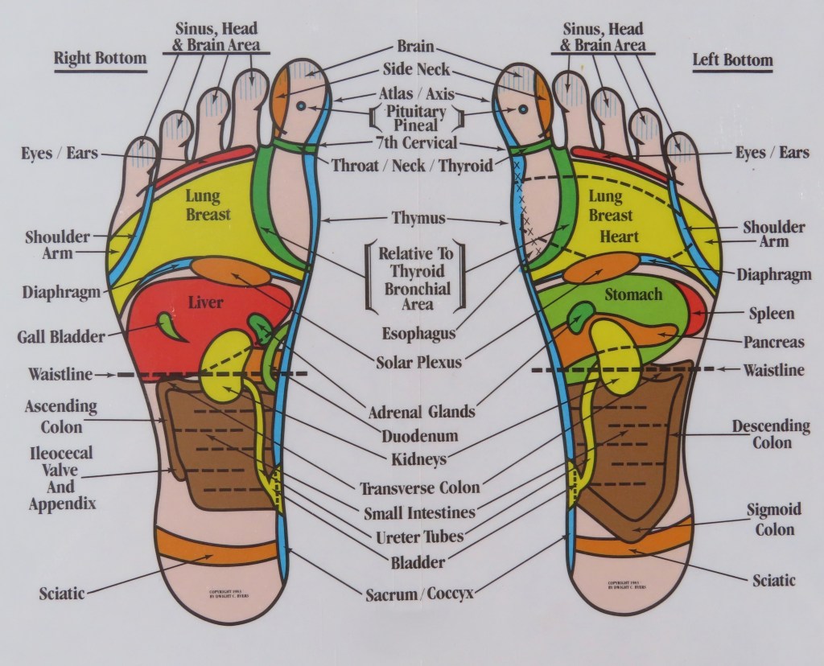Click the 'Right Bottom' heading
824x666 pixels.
tap(100, 59)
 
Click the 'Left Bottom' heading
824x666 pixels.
tap(731, 60)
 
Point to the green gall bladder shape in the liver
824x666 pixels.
tap(169, 324)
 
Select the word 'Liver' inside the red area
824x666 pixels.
tap(204, 302)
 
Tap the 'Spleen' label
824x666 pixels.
tap(770, 313)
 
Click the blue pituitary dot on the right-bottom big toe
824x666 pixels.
tap(300, 106)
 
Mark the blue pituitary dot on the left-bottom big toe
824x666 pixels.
tap(522, 108)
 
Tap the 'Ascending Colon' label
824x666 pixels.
tap(61, 413)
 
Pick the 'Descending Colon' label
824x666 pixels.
tap(771, 434)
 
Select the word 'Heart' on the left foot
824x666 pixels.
tap(619, 236)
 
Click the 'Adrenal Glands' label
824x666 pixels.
tap(421, 412)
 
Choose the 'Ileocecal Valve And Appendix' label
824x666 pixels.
tap(62, 479)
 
